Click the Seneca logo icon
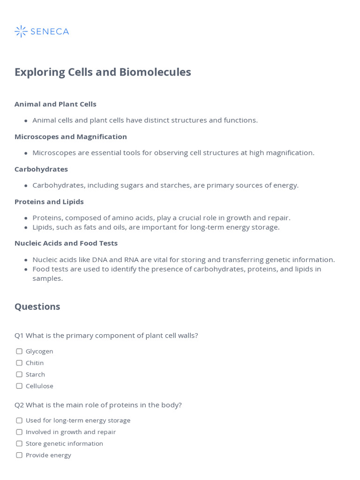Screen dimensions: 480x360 tap(21, 31)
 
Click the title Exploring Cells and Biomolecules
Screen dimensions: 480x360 tap(103, 72)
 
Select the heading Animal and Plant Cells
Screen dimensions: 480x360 tap(55, 104)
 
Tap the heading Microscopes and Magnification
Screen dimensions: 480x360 tap(71, 136)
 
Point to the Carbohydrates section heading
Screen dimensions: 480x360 tap(41, 169)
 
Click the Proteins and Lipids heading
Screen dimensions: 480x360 tap(49, 202)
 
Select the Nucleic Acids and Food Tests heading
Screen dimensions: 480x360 tap(66, 243)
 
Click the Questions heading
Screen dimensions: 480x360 tap(37, 307)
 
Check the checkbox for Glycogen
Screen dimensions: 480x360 tap(19, 352)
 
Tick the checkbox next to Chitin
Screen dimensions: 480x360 tap(19, 363)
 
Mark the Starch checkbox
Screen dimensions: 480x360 tap(19, 375)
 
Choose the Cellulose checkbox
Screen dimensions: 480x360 tap(19, 386)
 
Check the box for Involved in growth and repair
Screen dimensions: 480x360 tap(19, 432)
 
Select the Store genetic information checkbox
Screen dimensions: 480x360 tap(19, 443)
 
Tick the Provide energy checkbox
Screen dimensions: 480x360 tap(19, 455)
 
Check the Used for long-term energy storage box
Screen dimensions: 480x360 tap(19, 420)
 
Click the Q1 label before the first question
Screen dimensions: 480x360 tap(19, 336)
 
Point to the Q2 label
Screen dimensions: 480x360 tap(19, 405)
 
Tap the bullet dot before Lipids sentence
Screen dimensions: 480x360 tap(26, 227)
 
